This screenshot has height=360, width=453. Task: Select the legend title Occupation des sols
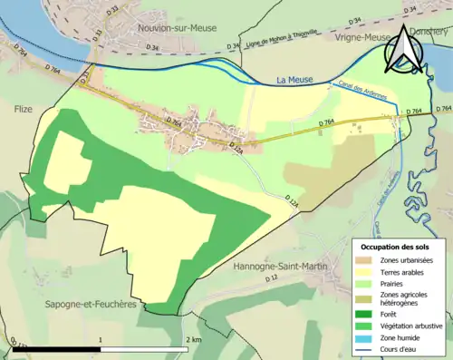395,247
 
